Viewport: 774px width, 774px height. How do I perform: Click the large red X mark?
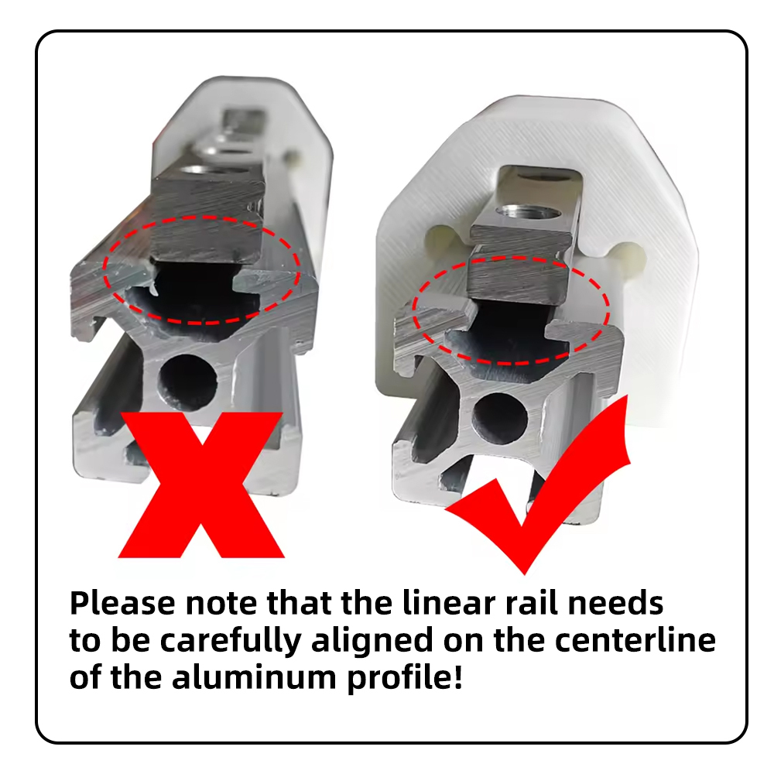pyautogui.click(x=201, y=484)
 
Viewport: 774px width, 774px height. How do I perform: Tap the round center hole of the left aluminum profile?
pyautogui.click(x=187, y=383)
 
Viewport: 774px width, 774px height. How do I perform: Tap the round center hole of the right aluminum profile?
pyautogui.click(x=499, y=418)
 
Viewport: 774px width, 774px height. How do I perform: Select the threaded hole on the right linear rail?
pyautogui.click(x=529, y=214)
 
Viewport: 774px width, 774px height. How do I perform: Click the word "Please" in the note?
pyautogui.click(x=122, y=603)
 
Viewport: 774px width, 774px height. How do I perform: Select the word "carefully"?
pyautogui.click(x=231, y=641)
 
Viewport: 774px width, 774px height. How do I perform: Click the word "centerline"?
pyautogui.click(x=635, y=640)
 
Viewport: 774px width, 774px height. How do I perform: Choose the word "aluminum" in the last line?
pyautogui.click(x=253, y=677)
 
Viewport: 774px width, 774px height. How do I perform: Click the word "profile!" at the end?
pyautogui.click(x=405, y=678)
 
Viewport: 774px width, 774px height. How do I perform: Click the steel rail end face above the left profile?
pyautogui.click(x=207, y=221)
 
